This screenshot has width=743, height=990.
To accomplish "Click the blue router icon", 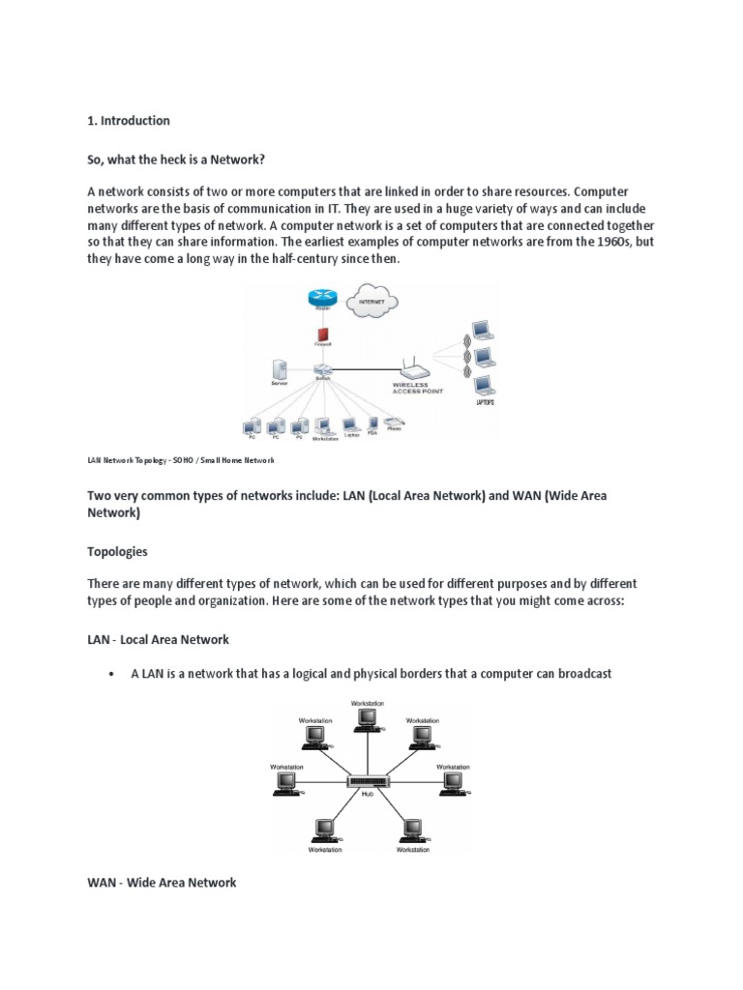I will click(x=320, y=299).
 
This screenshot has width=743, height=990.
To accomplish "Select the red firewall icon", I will click(x=322, y=335).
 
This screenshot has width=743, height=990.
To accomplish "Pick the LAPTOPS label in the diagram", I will click(x=485, y=402).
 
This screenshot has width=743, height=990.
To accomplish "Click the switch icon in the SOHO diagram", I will click(x=322, y=369).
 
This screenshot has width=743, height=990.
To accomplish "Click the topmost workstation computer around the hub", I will click(x=367, y=717).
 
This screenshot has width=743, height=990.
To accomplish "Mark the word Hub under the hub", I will click(x=368, y=795).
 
